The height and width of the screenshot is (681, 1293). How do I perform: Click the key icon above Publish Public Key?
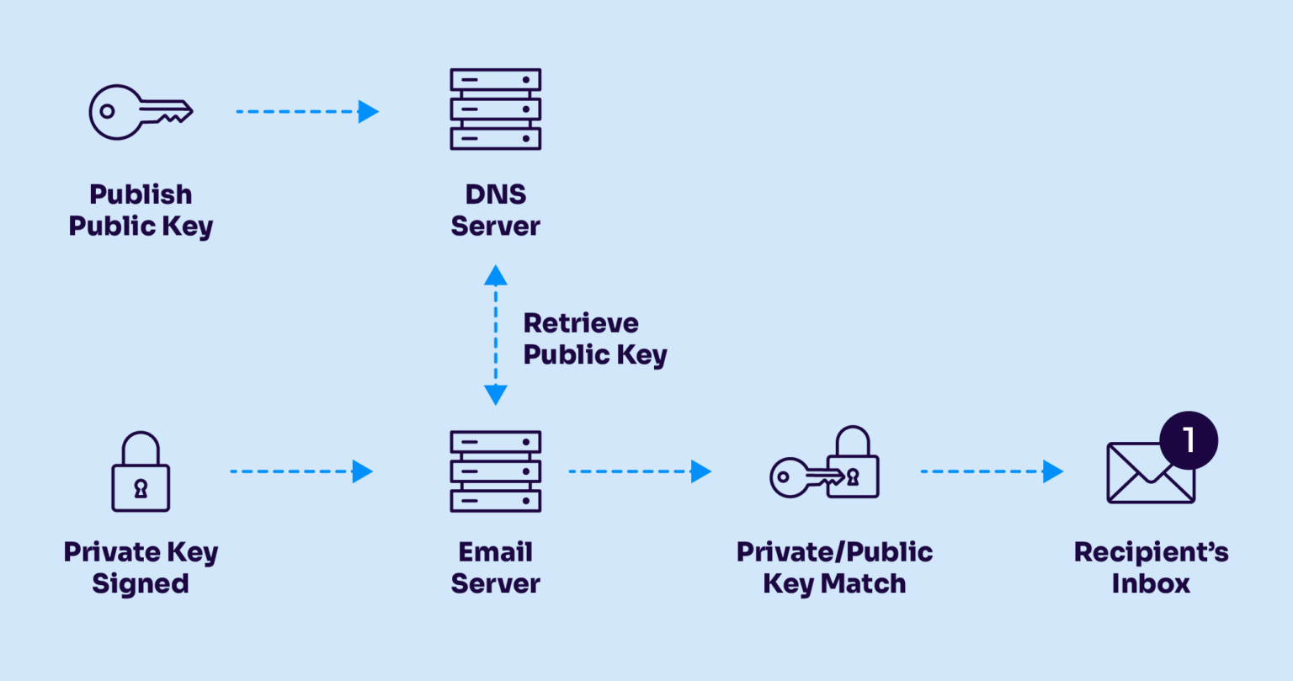point(141,112)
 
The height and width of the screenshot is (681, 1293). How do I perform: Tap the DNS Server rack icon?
point(495,109)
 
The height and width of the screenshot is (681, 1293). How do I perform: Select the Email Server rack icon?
point(495,471)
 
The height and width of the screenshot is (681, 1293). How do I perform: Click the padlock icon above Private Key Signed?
point(141,472)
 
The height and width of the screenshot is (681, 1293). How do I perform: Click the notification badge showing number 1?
point(1188,440)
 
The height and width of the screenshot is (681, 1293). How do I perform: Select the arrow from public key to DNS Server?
point(307,111)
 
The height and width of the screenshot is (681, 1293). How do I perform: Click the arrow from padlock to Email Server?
point(301,471)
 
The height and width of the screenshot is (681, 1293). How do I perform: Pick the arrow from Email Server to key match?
point(640,471)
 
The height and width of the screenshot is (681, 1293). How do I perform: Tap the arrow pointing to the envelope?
point(992,471)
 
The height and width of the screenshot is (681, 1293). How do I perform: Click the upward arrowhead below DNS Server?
point(495,275)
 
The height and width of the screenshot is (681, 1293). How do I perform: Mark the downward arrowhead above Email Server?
point(495,394)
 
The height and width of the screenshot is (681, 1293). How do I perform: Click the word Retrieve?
point(581,323)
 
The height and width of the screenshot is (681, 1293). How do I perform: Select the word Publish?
point(141,194)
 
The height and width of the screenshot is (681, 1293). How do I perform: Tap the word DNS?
point(495,194)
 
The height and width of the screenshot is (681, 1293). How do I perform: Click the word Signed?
point(141,583)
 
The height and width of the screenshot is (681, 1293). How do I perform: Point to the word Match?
point(864,583)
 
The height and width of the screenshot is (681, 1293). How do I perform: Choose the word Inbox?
point(1151,583)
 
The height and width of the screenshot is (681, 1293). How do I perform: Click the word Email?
point(495,552)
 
